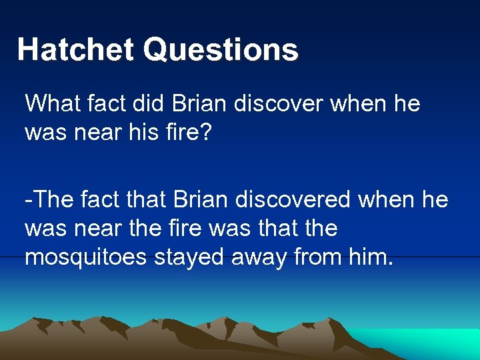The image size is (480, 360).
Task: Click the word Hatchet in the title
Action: (x=75, y=50)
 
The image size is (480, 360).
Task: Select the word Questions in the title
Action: (x=221, y=50)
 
